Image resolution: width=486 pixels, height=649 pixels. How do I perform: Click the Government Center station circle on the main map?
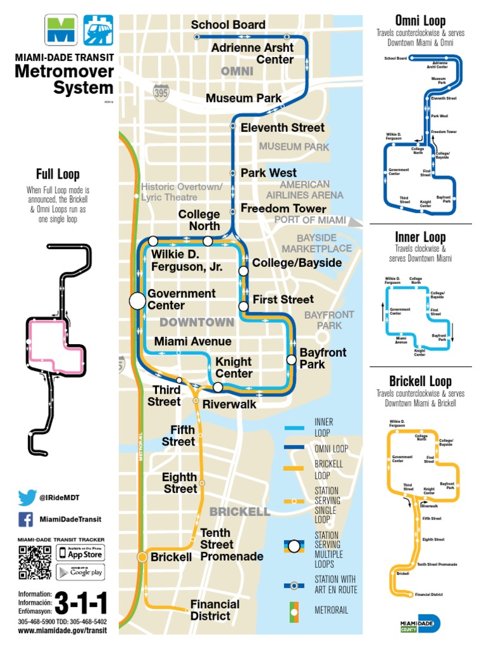[x=137, y=301]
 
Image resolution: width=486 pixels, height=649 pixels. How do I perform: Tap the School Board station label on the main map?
[x=228, y=25]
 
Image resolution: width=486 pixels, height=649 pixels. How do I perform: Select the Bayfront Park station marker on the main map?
[x=291, y=359]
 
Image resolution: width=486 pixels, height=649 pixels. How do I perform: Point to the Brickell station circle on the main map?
[x=143, y=557]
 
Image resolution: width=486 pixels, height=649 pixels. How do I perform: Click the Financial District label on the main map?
[x=215, y=610]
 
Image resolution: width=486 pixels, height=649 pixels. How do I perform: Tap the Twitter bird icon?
[x=26, y=498]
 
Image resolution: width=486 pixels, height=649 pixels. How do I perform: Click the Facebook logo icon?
[x=26, y=520]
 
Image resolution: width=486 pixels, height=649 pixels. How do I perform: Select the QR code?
[x=35, y=562]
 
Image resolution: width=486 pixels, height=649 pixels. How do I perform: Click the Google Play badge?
[x=80, y=572]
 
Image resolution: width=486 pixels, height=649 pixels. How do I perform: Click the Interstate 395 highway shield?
[x=161, y=93]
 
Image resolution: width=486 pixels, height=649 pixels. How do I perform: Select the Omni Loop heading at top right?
[x=420, y=20]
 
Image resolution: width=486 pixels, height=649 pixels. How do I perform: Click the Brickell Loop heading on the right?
[x=420, y=381]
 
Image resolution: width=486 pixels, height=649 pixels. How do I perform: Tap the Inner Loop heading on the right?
[x=420, y=238]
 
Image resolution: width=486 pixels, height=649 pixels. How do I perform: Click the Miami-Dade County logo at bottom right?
[x=420, y=624]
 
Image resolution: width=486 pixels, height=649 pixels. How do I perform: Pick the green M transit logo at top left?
[x=60, y=30]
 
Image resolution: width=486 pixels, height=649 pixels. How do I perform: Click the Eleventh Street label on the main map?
[x=282, y=127]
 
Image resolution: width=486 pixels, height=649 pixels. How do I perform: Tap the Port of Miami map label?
[x=310, y=220]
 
